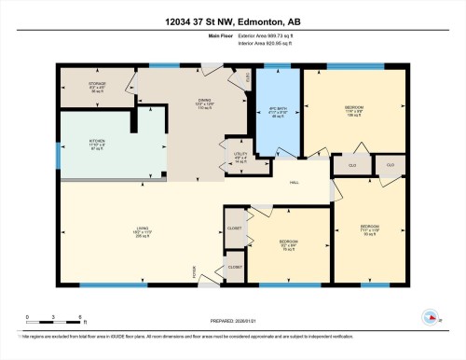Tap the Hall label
point(294,182)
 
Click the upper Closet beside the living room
point(233,228)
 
